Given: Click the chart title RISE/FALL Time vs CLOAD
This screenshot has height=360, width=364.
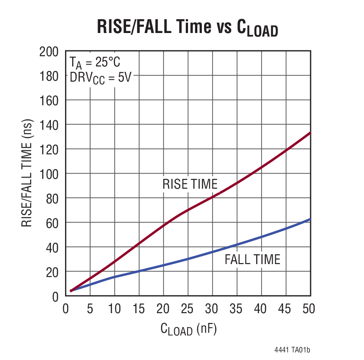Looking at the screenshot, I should (187, 28).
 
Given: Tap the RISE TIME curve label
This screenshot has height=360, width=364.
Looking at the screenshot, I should (190, 184).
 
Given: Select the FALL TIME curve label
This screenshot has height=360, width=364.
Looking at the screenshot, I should (252, 259).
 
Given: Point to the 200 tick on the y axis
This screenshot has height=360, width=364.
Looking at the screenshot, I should (49, 52).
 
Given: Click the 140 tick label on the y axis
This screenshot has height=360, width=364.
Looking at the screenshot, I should (49, 125).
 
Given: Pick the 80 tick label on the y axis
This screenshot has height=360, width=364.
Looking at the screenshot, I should (53, 198).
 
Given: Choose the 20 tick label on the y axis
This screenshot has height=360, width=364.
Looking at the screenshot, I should (53, 272).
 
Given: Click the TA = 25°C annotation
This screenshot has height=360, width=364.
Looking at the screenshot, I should (94, 62).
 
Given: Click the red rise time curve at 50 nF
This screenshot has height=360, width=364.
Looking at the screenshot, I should (310, 133).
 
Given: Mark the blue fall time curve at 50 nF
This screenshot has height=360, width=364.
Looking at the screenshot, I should (310, 219).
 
